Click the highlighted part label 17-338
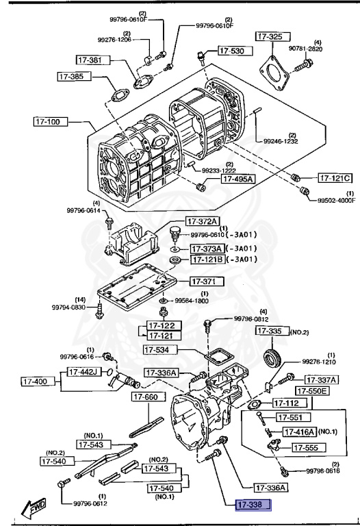coord(254,505)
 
